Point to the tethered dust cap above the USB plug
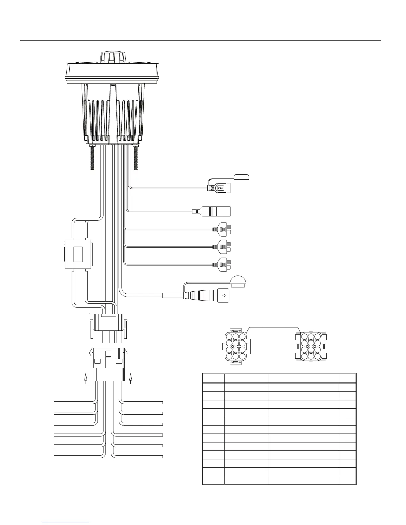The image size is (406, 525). [x=241, y=177]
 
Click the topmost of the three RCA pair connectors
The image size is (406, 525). [x=223, y=229]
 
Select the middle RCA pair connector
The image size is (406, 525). [x=223, y=247]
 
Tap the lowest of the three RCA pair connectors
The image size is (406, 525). [x=223, y=264]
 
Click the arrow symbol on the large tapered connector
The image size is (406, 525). [x=224, y=295]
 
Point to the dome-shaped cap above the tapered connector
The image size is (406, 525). [x=238, y=282]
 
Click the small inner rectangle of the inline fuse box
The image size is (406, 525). [x=78, y=254]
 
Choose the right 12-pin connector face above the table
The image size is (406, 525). [x=310, y=346]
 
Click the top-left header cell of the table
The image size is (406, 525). [x=214, y=378]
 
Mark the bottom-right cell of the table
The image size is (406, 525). [x=347, y=481]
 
